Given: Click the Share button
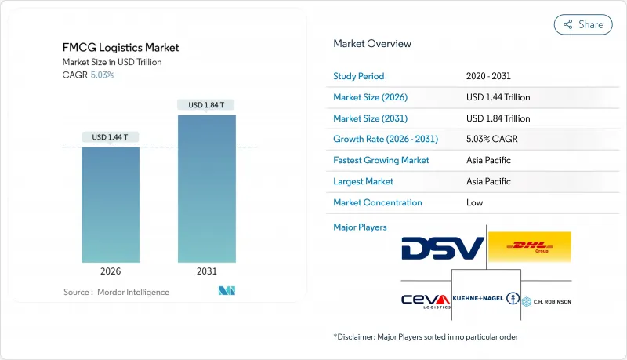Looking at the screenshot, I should [x=583, y=24].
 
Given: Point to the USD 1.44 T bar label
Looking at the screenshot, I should [x=111, y=137].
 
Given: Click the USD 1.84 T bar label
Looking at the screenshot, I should [x=206, y=105].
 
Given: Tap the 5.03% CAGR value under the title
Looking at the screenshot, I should [x=101, y=75].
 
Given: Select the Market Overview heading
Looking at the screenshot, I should [x=372, y=44].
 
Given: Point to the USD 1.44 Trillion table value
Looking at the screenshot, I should [x=498, y=97].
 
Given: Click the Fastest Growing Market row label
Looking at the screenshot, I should [x=382, y=160].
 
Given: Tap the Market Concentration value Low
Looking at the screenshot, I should [x=476, y=202].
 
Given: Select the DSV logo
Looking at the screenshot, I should [x=442, y=249].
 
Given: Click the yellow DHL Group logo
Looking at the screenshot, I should [x=529, y=247].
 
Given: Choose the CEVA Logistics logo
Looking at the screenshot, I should [x=426, y=300].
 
